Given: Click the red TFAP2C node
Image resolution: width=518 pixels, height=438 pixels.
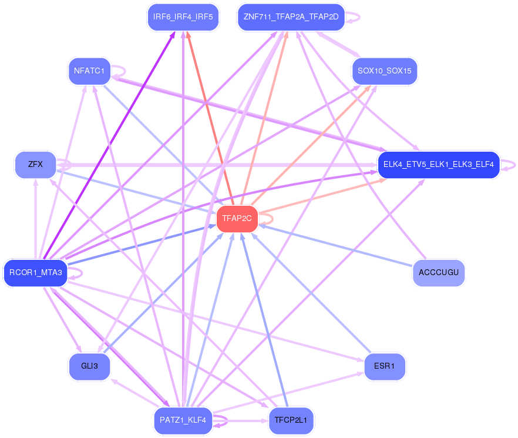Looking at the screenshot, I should tap(237, 218).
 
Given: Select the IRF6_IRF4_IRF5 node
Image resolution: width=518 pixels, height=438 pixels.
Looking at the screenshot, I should tap(183, 16).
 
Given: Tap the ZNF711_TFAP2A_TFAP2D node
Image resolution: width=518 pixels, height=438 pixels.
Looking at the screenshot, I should tap(291, 16).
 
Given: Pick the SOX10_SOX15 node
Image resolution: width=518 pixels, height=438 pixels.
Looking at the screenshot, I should tap(384, 71).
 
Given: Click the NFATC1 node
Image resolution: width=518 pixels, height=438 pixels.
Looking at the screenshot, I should tap(89, 71).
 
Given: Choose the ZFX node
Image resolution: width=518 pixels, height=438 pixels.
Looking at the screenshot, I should tap(35, 164).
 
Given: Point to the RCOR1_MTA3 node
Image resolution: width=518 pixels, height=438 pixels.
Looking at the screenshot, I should tap(36, 273).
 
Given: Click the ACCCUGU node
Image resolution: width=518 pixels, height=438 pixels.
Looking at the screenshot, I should tap(438, 273).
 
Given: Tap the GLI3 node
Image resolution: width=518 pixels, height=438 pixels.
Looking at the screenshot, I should tap(89, 366).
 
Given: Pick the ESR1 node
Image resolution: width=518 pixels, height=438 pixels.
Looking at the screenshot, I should tap(385, 366).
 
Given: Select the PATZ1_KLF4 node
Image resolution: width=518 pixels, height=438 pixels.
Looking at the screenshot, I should tap(183, 420).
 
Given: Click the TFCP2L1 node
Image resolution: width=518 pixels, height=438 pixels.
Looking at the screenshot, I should tap(291, 420).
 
